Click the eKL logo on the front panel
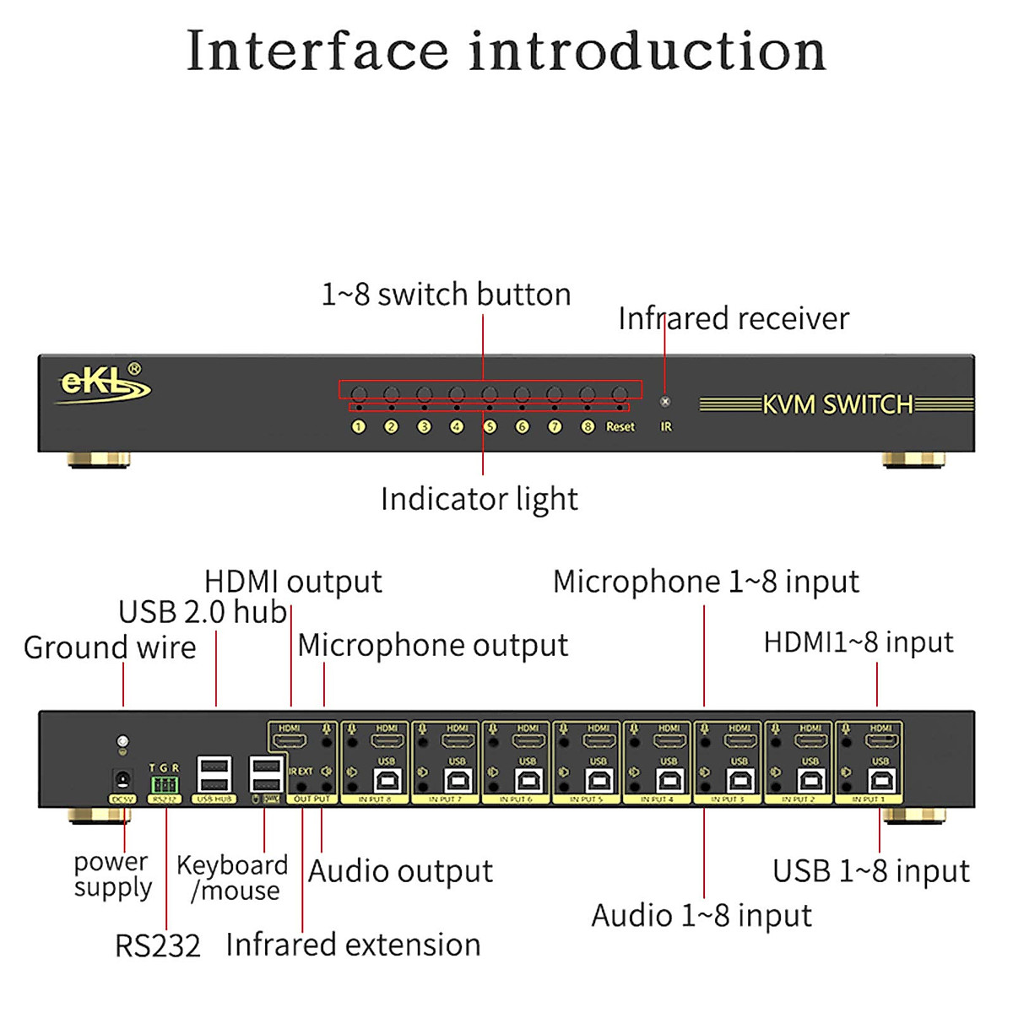(x=104, y=384)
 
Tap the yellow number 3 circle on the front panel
(x=424, y=427)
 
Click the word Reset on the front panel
(x=620, y=427)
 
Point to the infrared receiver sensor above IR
(x=665, y=402)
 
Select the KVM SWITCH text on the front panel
(x=837, y=404)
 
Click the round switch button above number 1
(x=359, y=394)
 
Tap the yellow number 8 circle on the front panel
(x=588, y=427)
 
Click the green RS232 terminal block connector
(x=164, y=785)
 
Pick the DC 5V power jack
(x=122, y=781)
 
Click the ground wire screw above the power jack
(x=122, y=742)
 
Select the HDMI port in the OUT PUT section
(x=290, y=743)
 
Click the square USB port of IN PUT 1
(x=880, y=780)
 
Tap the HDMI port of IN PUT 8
(x=387, y=743)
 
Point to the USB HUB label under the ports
(x=214, y=799)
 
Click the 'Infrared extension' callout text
(x=353, y=944)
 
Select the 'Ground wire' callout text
(x=110, y=647)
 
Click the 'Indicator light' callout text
(x=479, y=499)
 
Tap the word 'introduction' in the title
(x=647, y=51)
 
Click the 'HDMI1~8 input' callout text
(x=858, y=642)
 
